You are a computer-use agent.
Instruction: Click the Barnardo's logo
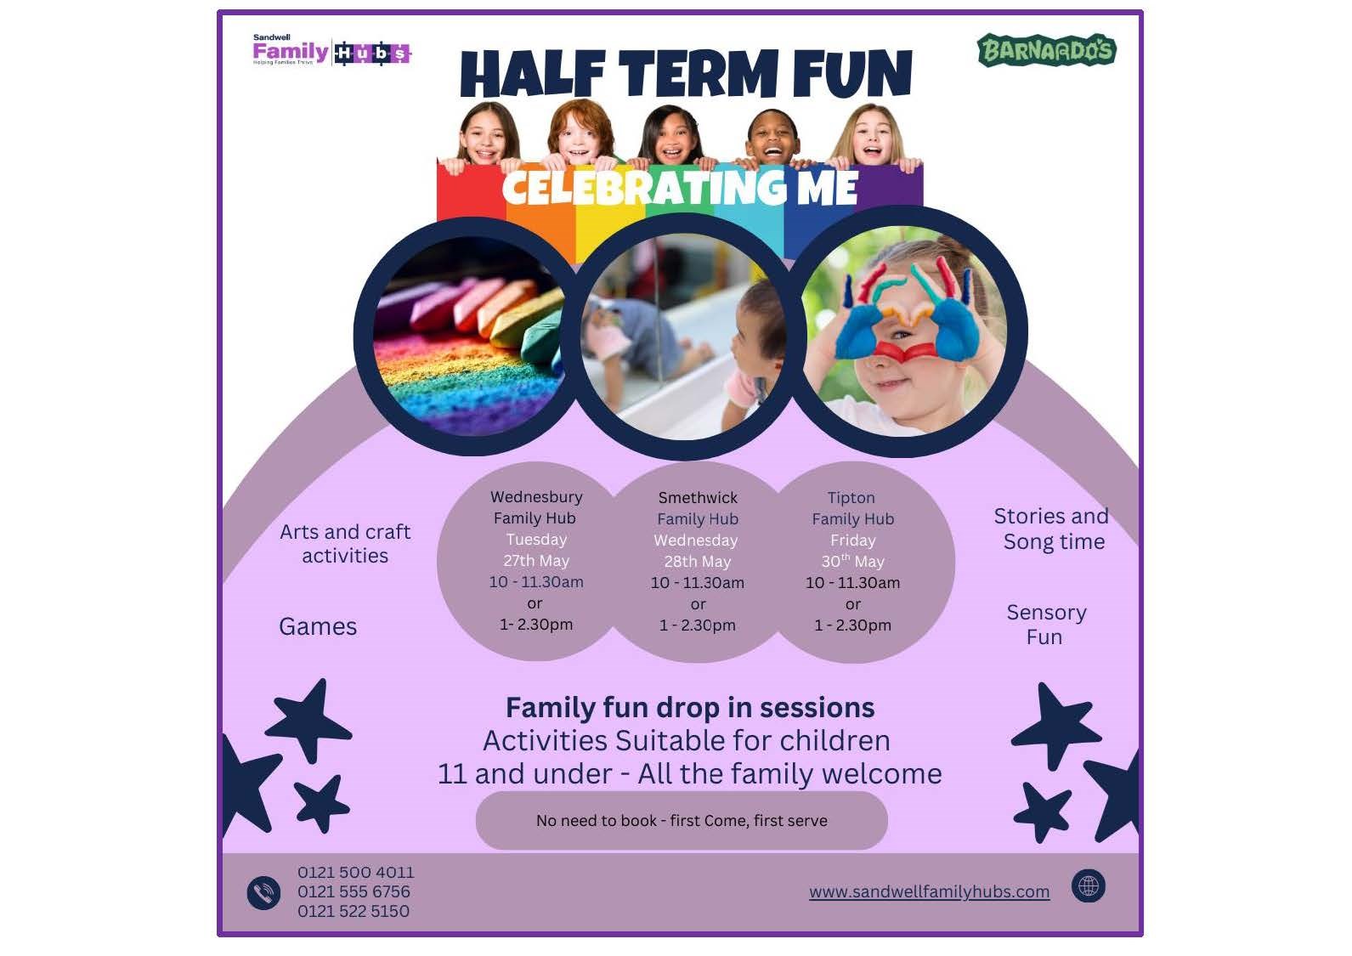click(1047, 50)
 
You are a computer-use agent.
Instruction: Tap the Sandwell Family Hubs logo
click(332, 51)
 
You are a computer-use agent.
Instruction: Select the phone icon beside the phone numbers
click(263, 892)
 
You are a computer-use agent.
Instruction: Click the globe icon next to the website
click(1089, 886)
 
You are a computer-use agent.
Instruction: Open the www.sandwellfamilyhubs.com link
click(930, 891)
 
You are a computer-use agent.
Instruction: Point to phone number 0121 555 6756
click(354, 891)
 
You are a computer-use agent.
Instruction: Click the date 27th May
click(536, 561)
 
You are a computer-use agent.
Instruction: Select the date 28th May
click(697, 562)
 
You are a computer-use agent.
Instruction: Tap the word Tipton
click(851, 498)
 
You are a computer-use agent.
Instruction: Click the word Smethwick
click(698, 498)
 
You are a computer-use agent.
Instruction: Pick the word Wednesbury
click(536, 497)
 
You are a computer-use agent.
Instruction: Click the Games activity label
click(318, 626)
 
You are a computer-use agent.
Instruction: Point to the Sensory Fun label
click(1046, 625)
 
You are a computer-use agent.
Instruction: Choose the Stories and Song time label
click(1052, 529)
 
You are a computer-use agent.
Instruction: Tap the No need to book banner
click(682, 821)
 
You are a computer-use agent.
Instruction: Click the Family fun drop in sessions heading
click(690, 708)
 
